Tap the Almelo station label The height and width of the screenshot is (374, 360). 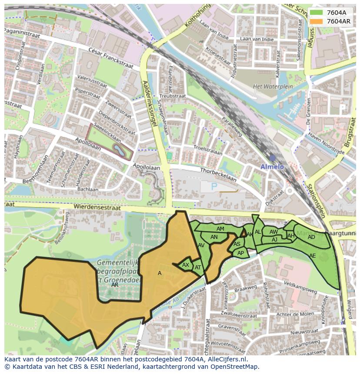pos(272,167)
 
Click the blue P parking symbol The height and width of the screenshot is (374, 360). pos(214,186)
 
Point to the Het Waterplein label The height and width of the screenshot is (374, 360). pos(270,86)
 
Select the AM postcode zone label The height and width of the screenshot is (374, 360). pos(220,229)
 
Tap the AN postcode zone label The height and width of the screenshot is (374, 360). pos(214,237)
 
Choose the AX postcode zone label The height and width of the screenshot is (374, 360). pos(186,265)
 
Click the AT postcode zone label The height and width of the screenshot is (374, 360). pos(198,268)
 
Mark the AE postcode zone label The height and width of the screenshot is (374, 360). pos(312,256)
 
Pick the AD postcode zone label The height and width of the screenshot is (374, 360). pos(311,237)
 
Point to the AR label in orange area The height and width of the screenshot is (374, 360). pos(115,285)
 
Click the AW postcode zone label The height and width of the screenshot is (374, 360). pos(273,232)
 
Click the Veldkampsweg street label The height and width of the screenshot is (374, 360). pos(299,288)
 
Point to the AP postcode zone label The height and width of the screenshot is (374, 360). pos(240,253)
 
